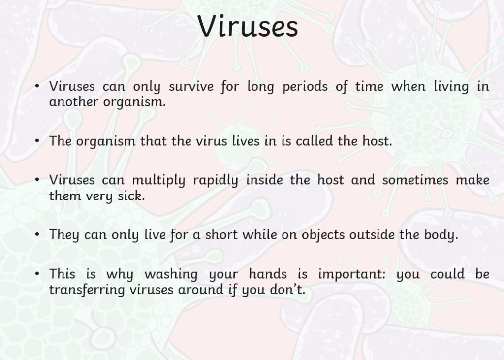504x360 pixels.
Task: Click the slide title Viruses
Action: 248,26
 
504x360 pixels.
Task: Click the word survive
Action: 191,86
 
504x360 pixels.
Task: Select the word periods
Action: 305,87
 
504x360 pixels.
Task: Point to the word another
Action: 74,102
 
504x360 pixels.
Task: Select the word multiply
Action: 159,180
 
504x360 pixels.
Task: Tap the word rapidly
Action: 216,180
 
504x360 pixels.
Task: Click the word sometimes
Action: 415,180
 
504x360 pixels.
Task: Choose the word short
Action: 221,234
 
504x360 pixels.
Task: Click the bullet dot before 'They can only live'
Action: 37,234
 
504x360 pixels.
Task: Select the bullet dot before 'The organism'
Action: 37,141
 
